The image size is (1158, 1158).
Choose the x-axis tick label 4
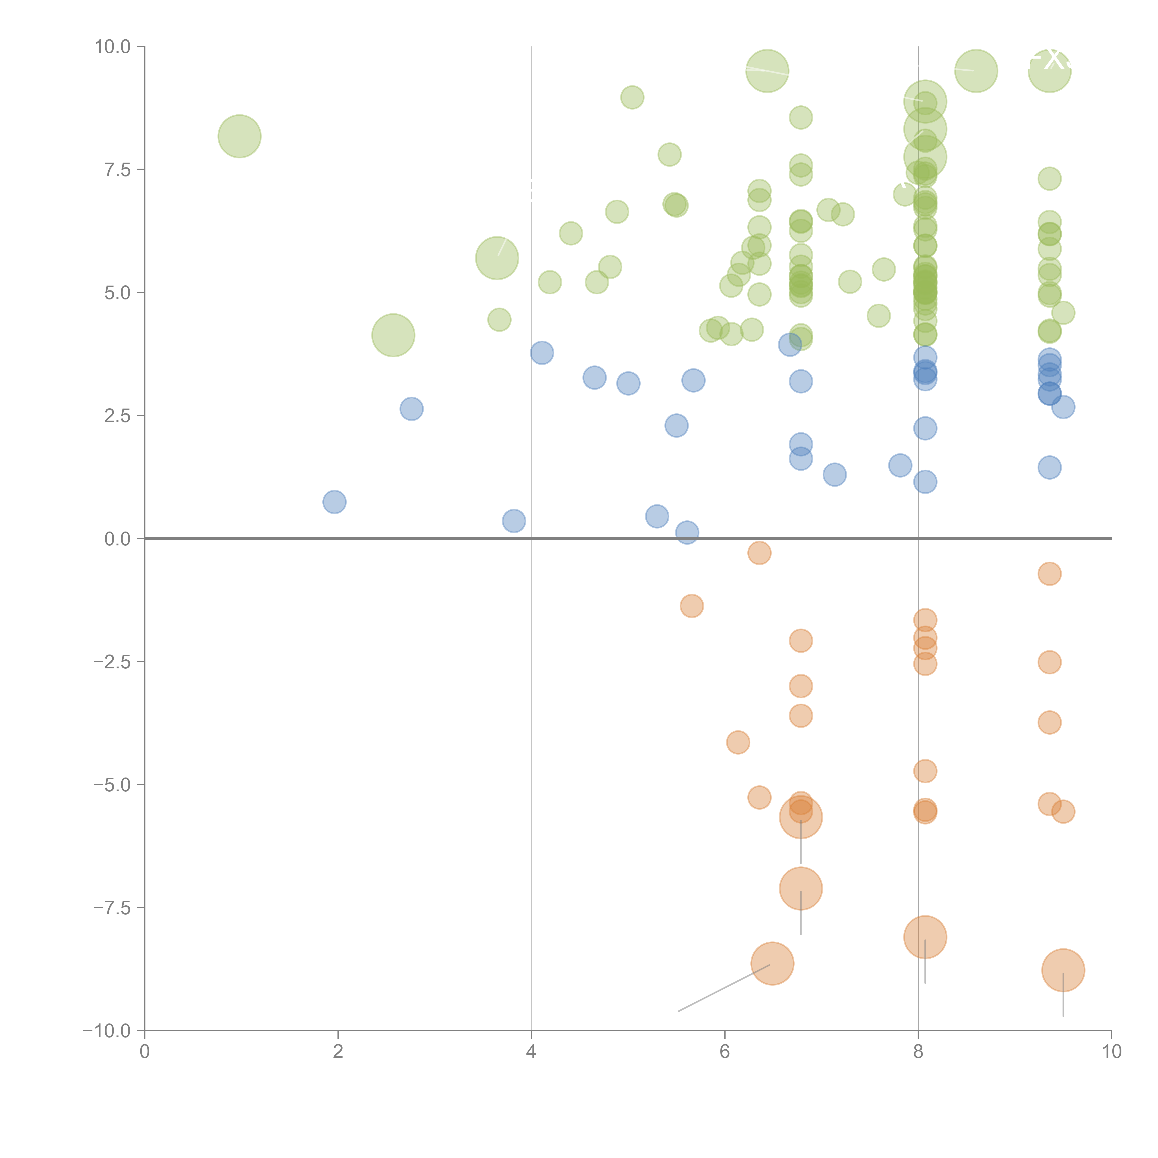[531, 1052]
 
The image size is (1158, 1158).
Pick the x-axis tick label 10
[1111, 1052]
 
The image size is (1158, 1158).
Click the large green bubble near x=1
[239, 136]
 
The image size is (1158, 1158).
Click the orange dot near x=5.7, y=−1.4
[692, 606]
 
